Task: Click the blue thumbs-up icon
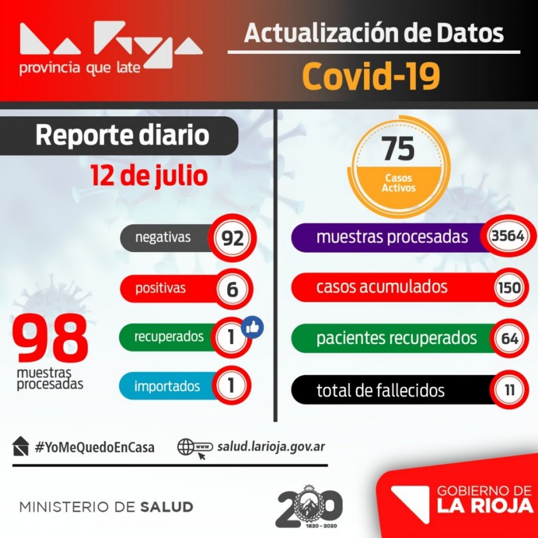click(252, 327)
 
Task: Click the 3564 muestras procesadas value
click(507, 236)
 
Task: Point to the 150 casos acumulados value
click(507, 288)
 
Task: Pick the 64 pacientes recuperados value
click(507, 338)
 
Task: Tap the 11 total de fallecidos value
click(509, 390)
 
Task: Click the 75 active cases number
click(398, 149)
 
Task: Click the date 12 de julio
click(148, 176)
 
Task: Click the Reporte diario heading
click(122, 135)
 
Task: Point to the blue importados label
click(168, 386)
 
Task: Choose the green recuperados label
click(168, 337)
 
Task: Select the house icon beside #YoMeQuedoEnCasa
click(21, 446)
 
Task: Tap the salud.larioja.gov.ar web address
click(271, 447)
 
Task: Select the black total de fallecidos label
click(380, 391)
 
